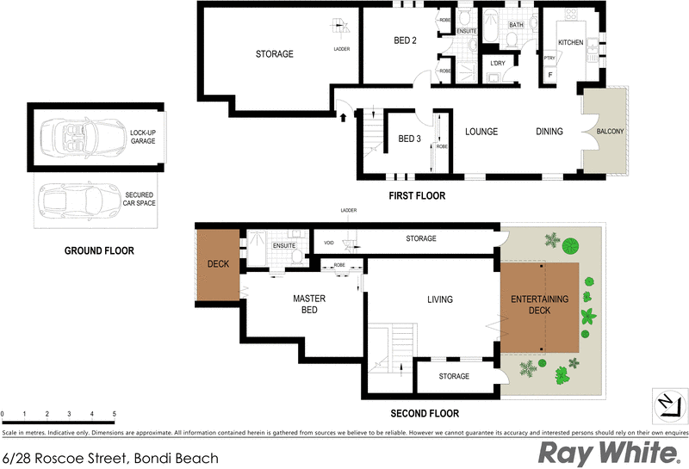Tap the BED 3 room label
(409, 139)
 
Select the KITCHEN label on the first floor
(571, 42)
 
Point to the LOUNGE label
(481, 132)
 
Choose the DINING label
(549, 132)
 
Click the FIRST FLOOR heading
(417, 196)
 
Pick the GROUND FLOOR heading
(99, 251)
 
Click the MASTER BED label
(307, 305)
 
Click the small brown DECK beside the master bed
(218, 264)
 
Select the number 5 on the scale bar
(114, 414)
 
